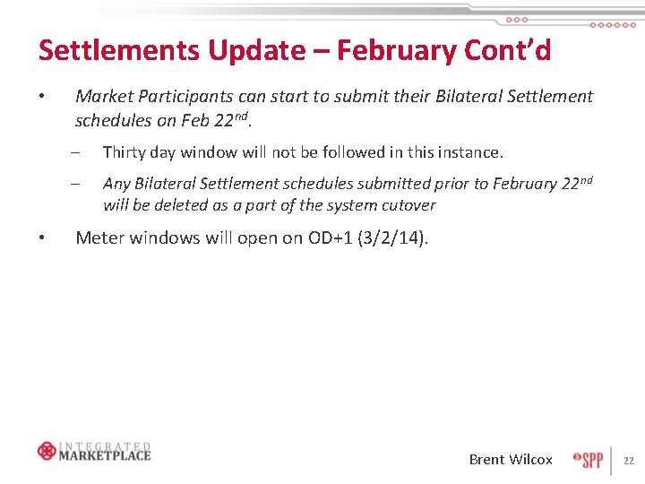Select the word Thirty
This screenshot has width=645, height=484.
click(x=125, y=152)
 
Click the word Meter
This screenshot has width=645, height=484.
click(x=100, y=238)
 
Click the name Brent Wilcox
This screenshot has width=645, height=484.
click(x=511, y=459)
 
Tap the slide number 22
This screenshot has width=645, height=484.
click(x=628, y=461)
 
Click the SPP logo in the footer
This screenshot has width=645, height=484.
click(x=589, y=459)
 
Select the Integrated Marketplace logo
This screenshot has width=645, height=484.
click(x=94, y=451)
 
